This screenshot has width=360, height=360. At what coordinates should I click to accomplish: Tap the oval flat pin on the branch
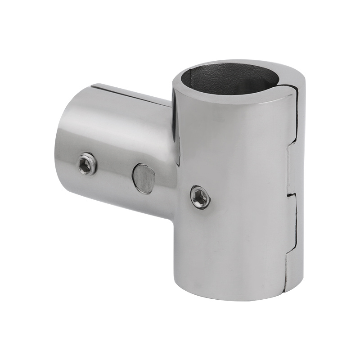[142, 178]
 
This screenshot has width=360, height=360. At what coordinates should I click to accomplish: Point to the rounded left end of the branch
[61, 144]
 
